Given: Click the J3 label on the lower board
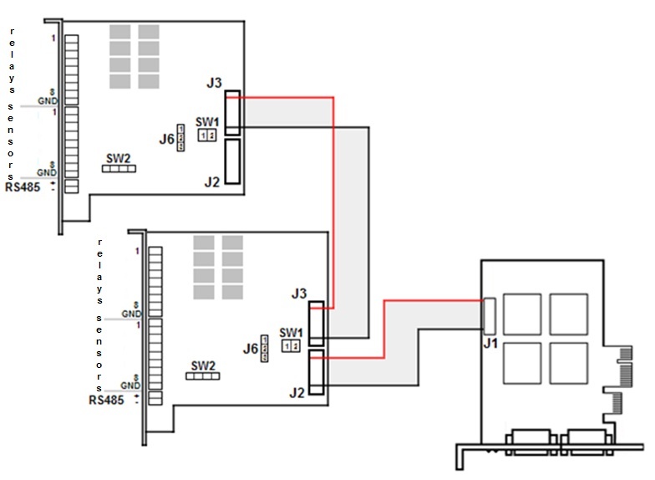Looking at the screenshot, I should [x=299, y=294].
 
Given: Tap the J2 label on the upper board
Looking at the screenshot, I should [x=212, y=181].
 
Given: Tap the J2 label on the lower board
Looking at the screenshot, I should [x=296, y=391].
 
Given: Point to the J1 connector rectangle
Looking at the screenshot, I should [x=490, y=314].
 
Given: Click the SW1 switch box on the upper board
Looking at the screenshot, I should [x=207, y=135].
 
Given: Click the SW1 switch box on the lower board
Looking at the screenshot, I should [x=290, y=345].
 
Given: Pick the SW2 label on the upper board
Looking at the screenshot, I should [x=118, y=157].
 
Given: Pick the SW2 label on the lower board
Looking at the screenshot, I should [x=203, y=365].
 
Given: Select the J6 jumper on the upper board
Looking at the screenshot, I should [x=181, y=142].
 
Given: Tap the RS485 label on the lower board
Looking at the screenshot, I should [x=106, y=400].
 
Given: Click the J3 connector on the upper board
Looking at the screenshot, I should [x=233, y=113].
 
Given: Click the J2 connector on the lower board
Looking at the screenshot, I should [x=317, y=373].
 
